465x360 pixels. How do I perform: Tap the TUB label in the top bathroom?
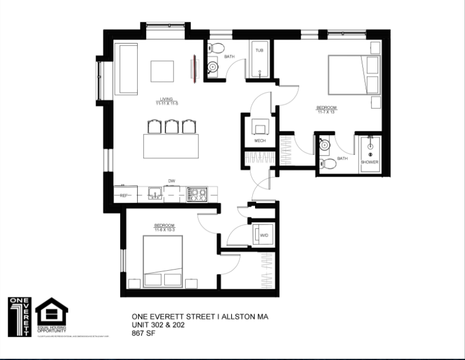tap(259, 50)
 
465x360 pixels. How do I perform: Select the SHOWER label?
tap(370, 162)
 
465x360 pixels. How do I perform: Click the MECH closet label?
tap(260, 141)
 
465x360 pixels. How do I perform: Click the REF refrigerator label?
tap(124, 195)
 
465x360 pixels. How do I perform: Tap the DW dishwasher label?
tap(171, 181)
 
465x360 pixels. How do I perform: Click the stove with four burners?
tap(198, 194)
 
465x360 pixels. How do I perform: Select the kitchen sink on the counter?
tap(155, 194)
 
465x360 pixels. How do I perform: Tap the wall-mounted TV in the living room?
tap(194, 69)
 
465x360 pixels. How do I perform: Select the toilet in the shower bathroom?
tap(329, 164)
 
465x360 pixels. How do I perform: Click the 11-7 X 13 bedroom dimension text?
tap(326, 112)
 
